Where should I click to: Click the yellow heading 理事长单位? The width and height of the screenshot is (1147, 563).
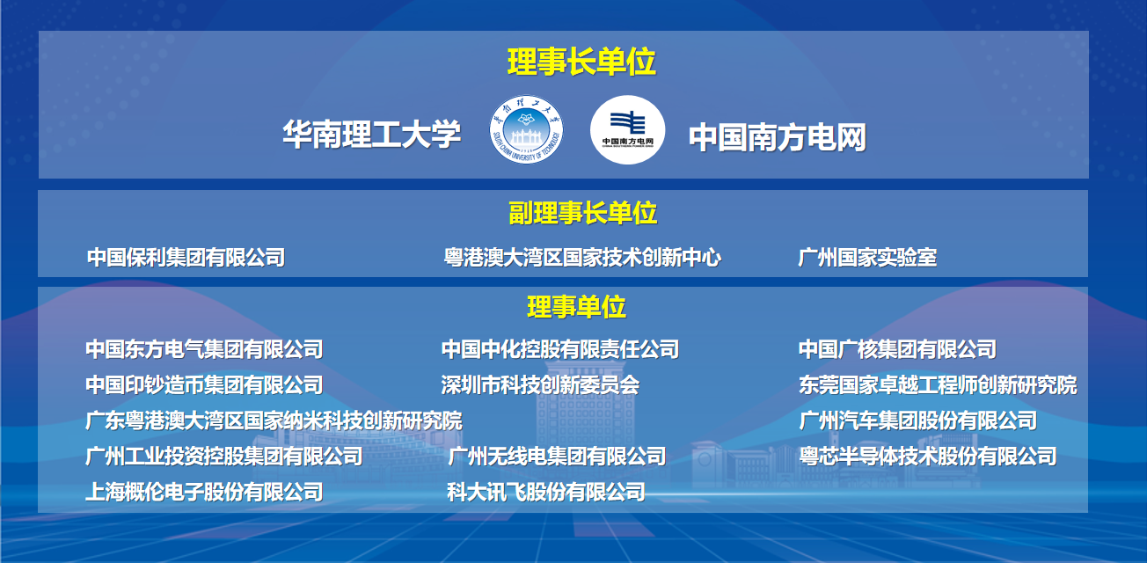tap(581, 62)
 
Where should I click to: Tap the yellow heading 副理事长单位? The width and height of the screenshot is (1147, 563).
tap(582, 213)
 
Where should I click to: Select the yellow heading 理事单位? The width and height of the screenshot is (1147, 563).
tap(576, 307)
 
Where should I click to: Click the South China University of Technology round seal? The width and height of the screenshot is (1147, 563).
tap(526, 129)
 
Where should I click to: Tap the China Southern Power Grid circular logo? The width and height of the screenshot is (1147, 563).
tap(628, 129)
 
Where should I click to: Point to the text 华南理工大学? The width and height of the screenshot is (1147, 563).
tap(372, 135)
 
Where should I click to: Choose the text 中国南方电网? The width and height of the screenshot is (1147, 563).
tap(778, 137)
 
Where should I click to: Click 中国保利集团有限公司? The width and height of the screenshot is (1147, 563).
tap(186, 257)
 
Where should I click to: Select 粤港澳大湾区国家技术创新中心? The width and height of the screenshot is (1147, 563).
tap(582, 257)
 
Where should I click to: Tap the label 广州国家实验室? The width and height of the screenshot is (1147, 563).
tap(867, 257)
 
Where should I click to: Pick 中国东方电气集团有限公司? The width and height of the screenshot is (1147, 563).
tap(204, 349)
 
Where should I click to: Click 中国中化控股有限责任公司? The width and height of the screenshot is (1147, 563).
tap(560, 349)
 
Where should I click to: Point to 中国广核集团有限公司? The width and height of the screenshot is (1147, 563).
tap(897, 349)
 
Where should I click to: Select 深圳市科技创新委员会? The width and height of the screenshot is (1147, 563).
tap(540, 385)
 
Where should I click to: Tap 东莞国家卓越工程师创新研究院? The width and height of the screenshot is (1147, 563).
tap(938, 385)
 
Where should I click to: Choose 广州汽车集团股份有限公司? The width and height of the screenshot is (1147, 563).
tap(917, 420)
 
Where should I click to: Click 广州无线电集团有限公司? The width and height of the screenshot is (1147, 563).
tap(557, 457)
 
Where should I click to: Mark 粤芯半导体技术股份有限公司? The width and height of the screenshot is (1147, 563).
tap(927, 457)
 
